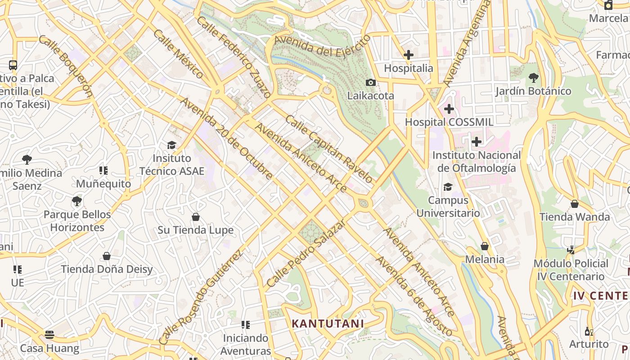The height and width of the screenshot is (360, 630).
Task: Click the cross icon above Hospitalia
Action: pyautogui.click(x=408, y=55)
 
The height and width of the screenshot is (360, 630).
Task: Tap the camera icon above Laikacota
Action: pyautogui.click(x=370, y=82)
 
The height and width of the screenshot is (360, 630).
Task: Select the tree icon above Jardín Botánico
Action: pyautogui.click(x=533, y=78)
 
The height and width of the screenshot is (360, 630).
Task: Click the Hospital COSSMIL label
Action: pyautogui.click(x=449, y=122)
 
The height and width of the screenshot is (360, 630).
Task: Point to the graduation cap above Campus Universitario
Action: pyautogui.click(x=448, y=187)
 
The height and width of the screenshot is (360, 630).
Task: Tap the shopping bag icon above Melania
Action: pyautogui.click(x=485, y=246)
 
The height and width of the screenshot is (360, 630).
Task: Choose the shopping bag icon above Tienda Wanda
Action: pyautogui.click(x=575, y=204)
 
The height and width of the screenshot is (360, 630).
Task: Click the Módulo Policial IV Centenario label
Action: pyautogui.click(x=571, y=270)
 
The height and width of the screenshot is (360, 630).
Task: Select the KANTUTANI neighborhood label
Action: pyautogui.click(x=328, y=324)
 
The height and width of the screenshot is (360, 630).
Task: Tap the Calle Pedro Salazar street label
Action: pyautogui.click(x=306, y=253)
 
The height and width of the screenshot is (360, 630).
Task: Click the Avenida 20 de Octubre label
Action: pyautogui.click(x=226, y=138)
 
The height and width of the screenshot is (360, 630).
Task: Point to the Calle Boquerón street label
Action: pyautogui.click(x=66, y=66)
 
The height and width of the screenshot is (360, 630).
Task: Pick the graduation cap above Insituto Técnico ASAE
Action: pyautogui.click(x=171, y=145)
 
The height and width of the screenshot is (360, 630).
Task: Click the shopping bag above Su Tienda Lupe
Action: pyautogui.click(x=196, y=217)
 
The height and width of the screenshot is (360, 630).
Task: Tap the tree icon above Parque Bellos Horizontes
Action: pyautogui.click(x=77, y=201)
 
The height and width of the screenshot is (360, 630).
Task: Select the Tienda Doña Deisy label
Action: pyautogui.click(x=107, y=269)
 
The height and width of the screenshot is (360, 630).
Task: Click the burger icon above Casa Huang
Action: pyautogui.click(x=49, y=334)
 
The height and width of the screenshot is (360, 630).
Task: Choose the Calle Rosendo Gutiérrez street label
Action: pyautogui.click(x=201, y=297)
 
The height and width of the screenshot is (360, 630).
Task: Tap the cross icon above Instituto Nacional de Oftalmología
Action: pyautogui.click(x=476, y=142)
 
